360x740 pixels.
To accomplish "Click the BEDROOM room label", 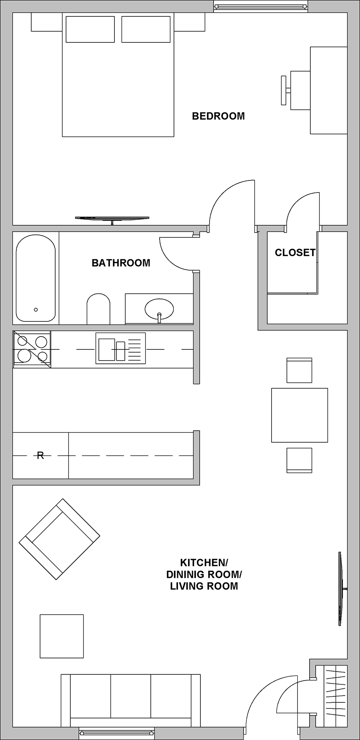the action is [218, 116].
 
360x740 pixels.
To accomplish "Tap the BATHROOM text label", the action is [121, 263].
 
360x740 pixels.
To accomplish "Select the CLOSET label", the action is [295, 253].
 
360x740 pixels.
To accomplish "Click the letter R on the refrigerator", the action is [40, 455].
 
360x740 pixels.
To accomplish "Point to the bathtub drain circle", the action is [36, 309].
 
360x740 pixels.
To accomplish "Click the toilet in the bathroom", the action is [98, 309].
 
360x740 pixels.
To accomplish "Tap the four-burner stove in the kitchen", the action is [32, 349].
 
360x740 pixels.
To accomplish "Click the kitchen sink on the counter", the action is [120, 349].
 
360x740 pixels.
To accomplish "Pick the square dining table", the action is [300, 415].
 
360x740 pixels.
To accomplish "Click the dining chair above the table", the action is [299, 370].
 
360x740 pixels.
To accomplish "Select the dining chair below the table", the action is [299, 460].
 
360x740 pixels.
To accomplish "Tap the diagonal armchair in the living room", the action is [59, 539].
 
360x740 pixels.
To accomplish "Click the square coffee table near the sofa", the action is [62, 636].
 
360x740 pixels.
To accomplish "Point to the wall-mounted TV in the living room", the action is [341, 588].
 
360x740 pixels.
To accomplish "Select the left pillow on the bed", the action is [90, 29].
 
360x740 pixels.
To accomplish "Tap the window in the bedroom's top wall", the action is [261, 6].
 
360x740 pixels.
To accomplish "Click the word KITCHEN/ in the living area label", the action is [204, 563].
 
